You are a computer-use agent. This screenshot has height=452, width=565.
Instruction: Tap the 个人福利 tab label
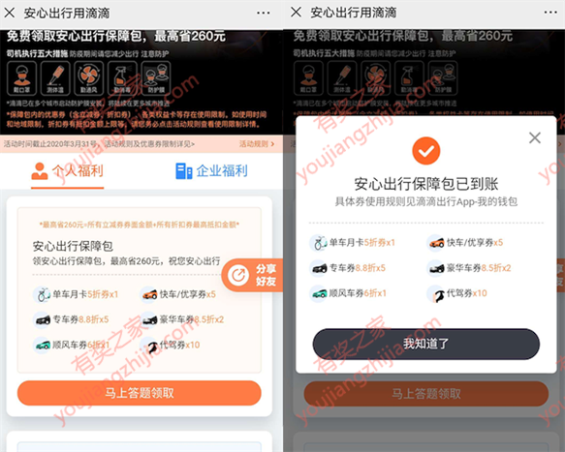click(x=77, y=171)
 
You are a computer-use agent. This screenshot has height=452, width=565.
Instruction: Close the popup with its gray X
click(x=534, y=138)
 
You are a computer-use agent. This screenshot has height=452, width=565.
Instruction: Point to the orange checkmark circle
click(x=424, y=151)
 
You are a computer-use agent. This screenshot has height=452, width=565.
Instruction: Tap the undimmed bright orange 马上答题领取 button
click(x=139, y=393)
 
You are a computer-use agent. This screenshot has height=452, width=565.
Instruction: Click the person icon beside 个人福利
click(x=40, y=171)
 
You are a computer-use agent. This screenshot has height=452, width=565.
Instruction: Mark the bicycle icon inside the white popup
click(x=318, y=243)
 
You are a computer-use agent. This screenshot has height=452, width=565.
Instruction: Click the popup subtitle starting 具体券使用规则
click(x=424, y=200)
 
